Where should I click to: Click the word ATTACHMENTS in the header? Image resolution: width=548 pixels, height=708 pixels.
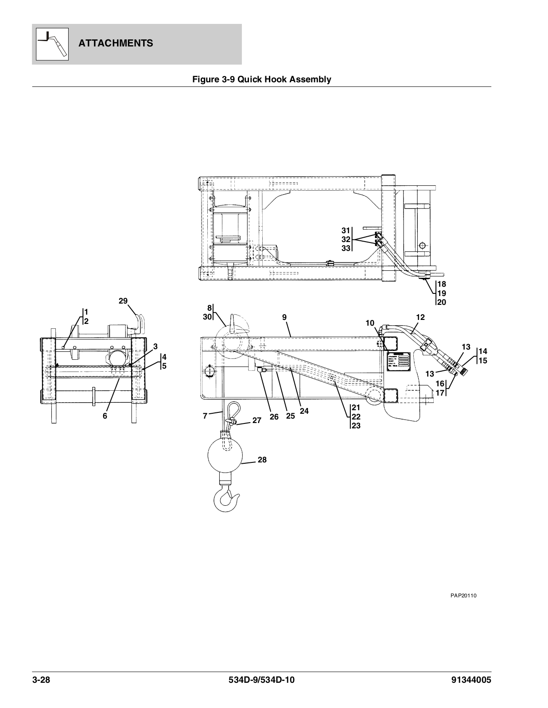pyautogui.click(x=116, y=43)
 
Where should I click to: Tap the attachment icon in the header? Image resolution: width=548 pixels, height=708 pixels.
pyautogui.click(x=52, y=44)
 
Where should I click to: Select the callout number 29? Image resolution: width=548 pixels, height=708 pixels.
pyautogui.click(x=123, y=301)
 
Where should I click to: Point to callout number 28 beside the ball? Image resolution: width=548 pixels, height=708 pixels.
pyautogui.click(x=262, y=460)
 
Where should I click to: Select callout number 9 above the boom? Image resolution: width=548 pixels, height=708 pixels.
pyautogui.click(x=284, y=317)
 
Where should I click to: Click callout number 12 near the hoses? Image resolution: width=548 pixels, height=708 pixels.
pyautogui.click(x=420, y=317)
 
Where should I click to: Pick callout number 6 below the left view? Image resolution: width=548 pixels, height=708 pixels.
pyautogui.click(x=105, y=416)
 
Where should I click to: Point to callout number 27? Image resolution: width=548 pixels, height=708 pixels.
pyautogui.click(x=257, y=421)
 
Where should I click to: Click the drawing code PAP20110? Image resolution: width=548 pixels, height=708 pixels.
pyautogui.click(x=463, y=596)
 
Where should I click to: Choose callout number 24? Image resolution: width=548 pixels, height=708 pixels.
pyautogui.click(x=304, y=411)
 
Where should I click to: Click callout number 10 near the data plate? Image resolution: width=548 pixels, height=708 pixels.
pyautogui.click(x=370, y=323)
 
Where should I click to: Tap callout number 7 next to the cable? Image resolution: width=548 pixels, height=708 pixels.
pyautogui.click(x=205, y=416)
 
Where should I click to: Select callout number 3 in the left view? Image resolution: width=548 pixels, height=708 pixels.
pyautogui.click(x=156, y=346)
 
